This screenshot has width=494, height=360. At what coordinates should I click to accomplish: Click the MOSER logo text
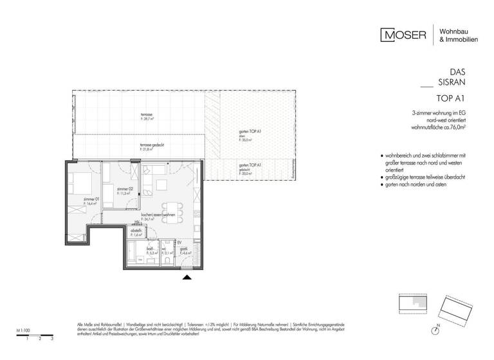click(404, 35)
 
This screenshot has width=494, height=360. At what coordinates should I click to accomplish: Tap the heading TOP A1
click(451, 98)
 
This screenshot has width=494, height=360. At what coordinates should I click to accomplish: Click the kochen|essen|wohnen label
click(158, 215)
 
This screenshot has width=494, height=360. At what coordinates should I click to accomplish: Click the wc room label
click(164, 251)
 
